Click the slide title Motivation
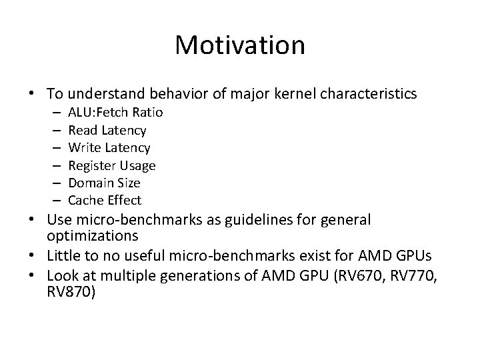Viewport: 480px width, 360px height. pos(240,45)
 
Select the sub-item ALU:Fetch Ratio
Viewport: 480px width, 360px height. pos(115,112)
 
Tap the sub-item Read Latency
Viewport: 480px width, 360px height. pos(107,130)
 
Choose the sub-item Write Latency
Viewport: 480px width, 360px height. pos(109,147)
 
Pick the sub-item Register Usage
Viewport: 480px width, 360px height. pos(112,165)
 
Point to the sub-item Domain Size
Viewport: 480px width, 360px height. pos(104,182)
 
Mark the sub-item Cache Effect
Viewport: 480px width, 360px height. pos(105,200)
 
